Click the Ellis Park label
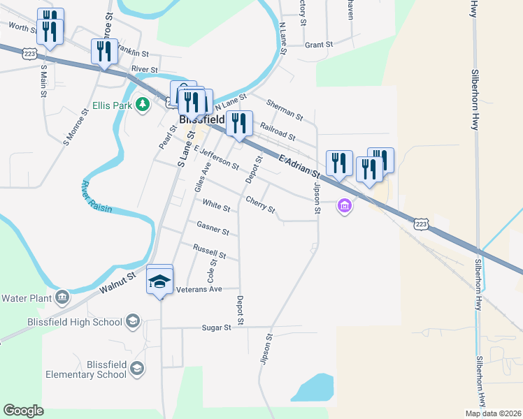112,107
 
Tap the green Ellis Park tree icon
143,105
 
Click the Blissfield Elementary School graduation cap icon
137,368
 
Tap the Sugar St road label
216,328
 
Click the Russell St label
209,251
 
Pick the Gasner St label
213,228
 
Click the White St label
216,205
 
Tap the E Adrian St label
299,166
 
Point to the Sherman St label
285,108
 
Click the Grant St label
319,45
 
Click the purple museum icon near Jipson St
343,207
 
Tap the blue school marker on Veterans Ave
159,281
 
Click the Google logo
23,411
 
